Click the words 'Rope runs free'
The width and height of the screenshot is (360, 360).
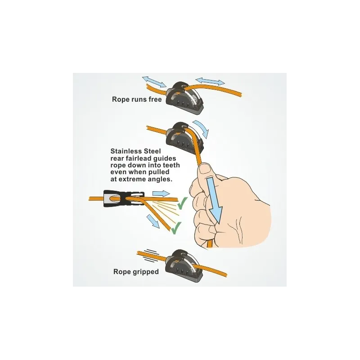pyautogui.click(x=137, y=99)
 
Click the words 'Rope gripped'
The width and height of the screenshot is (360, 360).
pyautogui.click(x=136, y=272)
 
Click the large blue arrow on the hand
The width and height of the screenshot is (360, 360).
pyautogui.click(x=214, y=199)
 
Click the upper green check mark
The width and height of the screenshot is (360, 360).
pyautogui.click(x=183, y=203)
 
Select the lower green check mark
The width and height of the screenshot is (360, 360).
pyautogui.click(x=176, y=228)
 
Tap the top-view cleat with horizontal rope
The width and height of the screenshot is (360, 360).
pyautogui.click(x=124, y=198)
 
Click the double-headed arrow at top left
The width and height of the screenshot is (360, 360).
pyautogui.click(x=154, y=82)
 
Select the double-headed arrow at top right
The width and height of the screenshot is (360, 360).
pyautogui.click(x=210, y=81)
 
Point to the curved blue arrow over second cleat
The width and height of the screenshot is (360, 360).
pyautogui.click(x=201, y=129)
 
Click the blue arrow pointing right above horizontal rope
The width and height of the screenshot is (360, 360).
pyautogui.click(x=161, y=193)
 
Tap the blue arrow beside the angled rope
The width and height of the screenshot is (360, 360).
pyautogui.click(x=153, y=221)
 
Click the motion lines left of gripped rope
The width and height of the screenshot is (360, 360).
pyautogui.click(x=148, y=255)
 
